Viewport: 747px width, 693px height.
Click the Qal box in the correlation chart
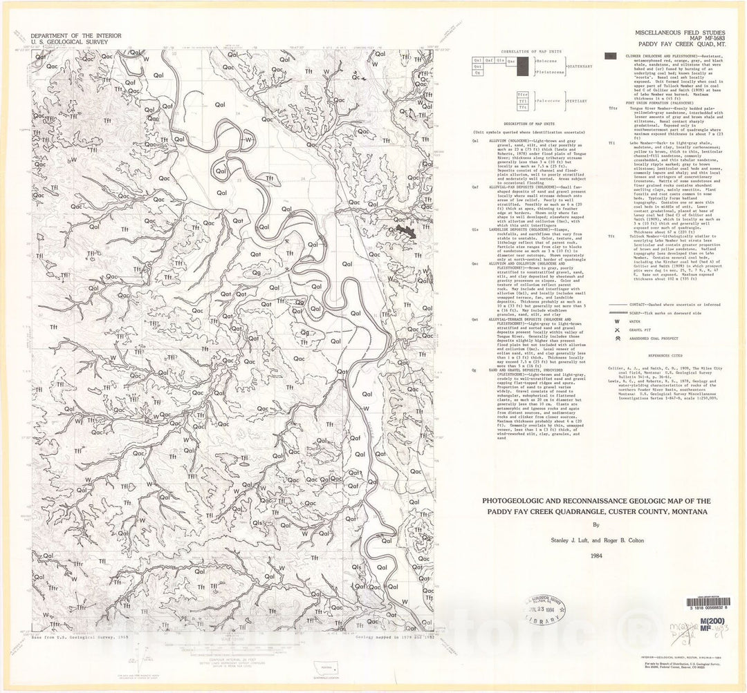coord(478,60)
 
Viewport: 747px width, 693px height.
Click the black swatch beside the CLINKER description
coord(611,56)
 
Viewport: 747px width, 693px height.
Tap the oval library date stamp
coord(546,607)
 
